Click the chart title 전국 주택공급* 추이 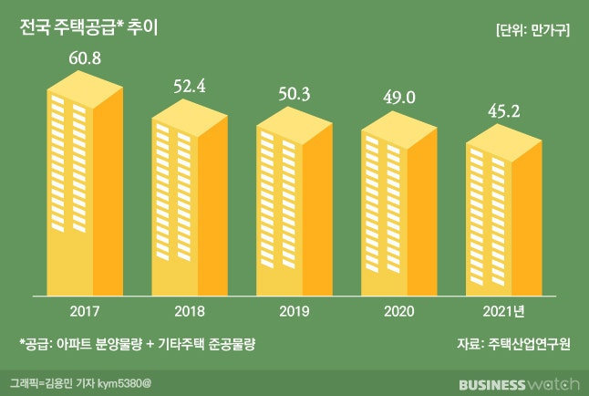click(89, 27)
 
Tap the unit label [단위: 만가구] click(533, 29)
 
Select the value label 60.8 click(85, 59)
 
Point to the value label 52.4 click(191, 88)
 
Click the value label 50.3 click(294, 95)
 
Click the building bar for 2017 click(85, 192)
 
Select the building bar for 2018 click(190, 205)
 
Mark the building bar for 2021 click(504, 220)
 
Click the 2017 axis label click(85, 309)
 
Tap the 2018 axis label click(190, 309)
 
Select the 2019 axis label click(294, 309)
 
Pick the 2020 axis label click(399, 309)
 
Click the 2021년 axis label click(505, 309)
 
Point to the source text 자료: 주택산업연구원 click(514, 344)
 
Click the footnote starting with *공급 click(137, 344)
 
